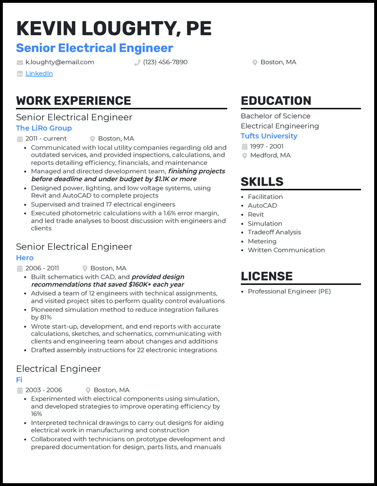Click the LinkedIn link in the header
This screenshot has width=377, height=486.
point(39,73)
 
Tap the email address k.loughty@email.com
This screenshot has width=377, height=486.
point(60,62)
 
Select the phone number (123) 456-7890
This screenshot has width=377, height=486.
point(165,62)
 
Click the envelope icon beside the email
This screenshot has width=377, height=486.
point(20,63)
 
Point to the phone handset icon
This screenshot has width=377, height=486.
point(137,63)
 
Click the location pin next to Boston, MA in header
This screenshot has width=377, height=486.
point(255,63)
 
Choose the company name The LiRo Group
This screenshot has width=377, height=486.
point(44,128)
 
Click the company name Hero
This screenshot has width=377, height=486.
point(25,258)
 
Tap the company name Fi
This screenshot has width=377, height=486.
point(19,380)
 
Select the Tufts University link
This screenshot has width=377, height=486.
point(269,136)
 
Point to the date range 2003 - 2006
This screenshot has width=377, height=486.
point(44,390)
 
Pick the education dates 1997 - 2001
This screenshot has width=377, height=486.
point(267,146)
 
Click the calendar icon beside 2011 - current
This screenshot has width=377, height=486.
point(20,139)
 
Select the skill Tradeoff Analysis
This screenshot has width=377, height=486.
point(274,232)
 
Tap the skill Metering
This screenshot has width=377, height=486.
point(262,241)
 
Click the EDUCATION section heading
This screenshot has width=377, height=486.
point(276,101)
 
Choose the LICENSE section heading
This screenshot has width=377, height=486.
point(267,276)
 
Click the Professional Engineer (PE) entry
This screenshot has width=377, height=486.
point(289,292)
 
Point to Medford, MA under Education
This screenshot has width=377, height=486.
point(270,155)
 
